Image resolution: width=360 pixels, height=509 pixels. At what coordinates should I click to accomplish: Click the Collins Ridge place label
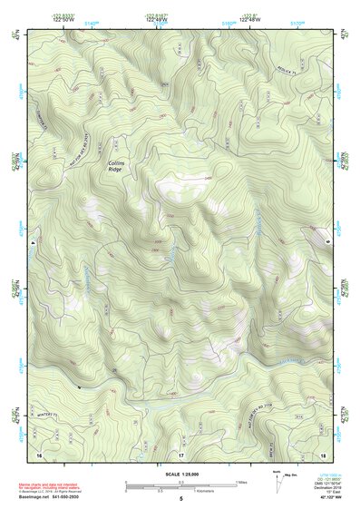(115, 165)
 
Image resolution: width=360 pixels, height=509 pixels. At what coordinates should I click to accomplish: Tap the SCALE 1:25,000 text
(180, 474)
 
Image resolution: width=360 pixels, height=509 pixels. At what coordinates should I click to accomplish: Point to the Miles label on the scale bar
(241, 481)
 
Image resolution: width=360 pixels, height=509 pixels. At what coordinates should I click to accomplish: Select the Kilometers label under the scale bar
(210, 491)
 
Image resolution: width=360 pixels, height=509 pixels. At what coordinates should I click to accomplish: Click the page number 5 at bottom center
(180, 499)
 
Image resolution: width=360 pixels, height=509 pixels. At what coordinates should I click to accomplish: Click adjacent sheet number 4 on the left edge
(31, 243)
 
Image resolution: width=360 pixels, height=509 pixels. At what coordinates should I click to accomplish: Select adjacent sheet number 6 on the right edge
(327, 243)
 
